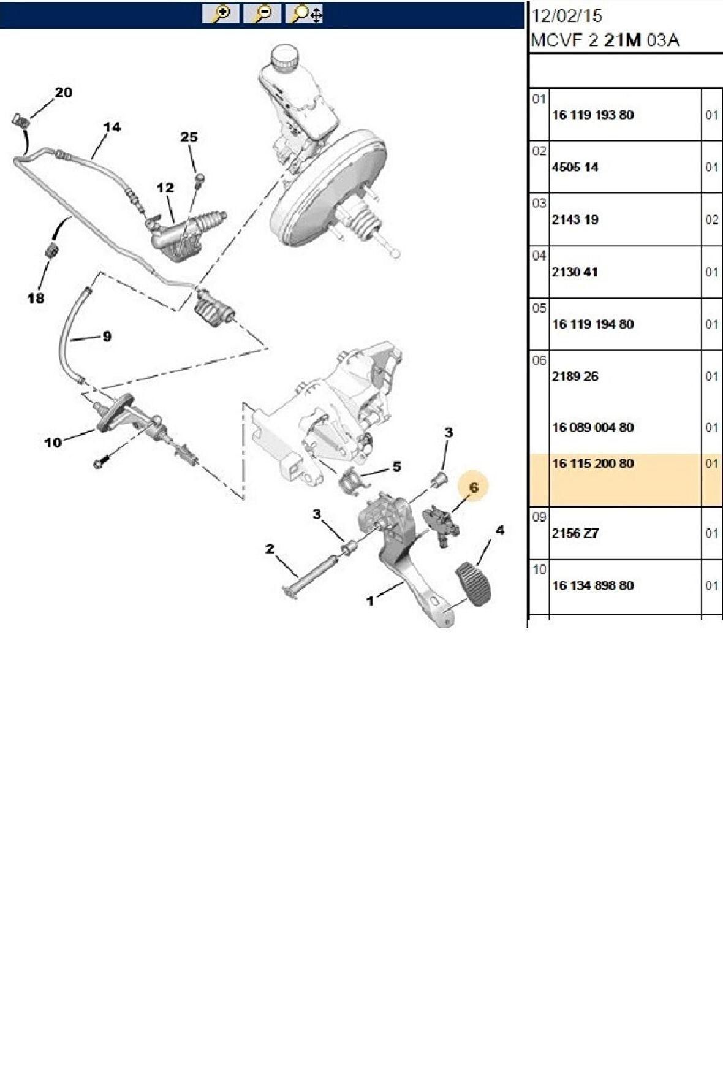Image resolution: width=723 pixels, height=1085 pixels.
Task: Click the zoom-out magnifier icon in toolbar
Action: [262, 13]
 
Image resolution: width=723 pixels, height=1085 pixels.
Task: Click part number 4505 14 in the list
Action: [575, 167]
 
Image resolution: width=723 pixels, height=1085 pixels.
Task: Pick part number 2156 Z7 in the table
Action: [575, 533]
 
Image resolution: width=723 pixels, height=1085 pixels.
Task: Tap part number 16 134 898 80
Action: [592, 585]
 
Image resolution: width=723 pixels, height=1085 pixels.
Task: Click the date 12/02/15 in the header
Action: [567, 16]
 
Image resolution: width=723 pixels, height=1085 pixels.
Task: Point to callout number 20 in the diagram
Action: [63, 93]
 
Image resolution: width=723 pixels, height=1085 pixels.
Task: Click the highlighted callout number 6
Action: [473, 487]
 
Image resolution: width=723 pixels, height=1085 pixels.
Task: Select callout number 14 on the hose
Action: [112, 128]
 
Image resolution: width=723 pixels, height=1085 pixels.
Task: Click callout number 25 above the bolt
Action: [189, 137]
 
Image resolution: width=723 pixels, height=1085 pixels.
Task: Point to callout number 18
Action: [36, 298]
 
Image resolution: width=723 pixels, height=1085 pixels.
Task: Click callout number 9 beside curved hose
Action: [107, 336]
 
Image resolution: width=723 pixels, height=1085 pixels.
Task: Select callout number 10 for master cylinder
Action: [53, 442]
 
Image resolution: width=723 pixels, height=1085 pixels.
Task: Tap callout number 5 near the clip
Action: [396, 466]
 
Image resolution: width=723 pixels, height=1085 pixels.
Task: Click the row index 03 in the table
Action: [539, 203]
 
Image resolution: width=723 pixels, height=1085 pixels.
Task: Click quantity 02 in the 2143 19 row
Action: [711, 219]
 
